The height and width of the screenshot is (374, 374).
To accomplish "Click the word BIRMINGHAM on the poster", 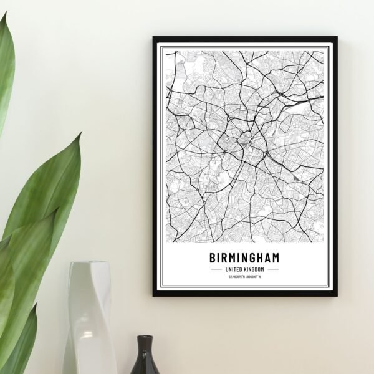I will (x=244, y=257).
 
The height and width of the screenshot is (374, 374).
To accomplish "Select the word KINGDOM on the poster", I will (x=254, y=269).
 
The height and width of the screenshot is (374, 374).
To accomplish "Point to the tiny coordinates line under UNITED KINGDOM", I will (x=244, y=277).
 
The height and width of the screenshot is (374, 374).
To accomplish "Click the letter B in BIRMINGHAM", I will (x=213, y=257).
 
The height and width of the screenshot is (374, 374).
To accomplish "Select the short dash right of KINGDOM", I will (x=273, y=269).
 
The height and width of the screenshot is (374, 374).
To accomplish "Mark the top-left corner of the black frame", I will (x=153, y=37).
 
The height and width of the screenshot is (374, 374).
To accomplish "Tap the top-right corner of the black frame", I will (x=336, y=37).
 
